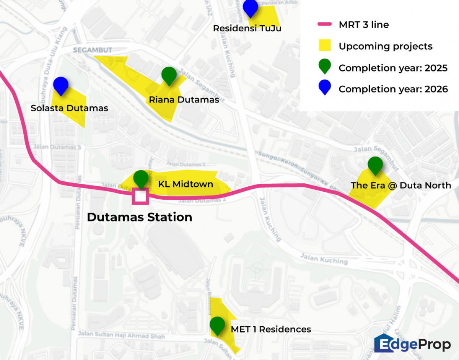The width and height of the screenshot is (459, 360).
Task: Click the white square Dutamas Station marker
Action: click(x=140, y=197)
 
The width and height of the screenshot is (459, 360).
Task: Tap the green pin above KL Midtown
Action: click(x=141, y=178)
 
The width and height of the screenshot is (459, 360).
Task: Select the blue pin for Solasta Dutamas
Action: click(x=61, y=85)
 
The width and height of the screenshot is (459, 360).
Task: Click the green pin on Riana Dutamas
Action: click(x=169, y=75)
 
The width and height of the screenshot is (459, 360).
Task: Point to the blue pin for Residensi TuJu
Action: click(x=251, y=7)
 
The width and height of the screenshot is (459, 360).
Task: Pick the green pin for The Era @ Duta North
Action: click(x=375, y=165)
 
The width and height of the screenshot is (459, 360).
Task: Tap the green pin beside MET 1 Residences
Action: click(x=217, y=325)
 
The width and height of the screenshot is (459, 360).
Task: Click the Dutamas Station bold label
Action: click(x=139, y=217)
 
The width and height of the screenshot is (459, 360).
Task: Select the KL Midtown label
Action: click(x=186, y=184)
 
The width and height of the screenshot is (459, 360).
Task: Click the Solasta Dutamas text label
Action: click(x=69, y=108)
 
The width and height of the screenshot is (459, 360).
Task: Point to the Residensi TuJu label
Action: click(x=247, y=28)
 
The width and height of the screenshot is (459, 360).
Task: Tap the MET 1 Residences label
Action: click(x=271, y=329)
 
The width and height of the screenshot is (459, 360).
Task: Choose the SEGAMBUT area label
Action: click(x=93, y=50)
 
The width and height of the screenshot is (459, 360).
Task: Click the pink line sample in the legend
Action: click(x=324, y=24)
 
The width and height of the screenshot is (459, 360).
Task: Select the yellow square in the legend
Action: click(x=325, y=46)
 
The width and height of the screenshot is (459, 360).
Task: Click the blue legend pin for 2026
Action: click(x=325, y=88)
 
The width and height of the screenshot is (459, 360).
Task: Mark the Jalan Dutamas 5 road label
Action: click(x=57, y=147)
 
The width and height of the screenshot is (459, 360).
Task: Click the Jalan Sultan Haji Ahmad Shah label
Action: click(x=122, y=335)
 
